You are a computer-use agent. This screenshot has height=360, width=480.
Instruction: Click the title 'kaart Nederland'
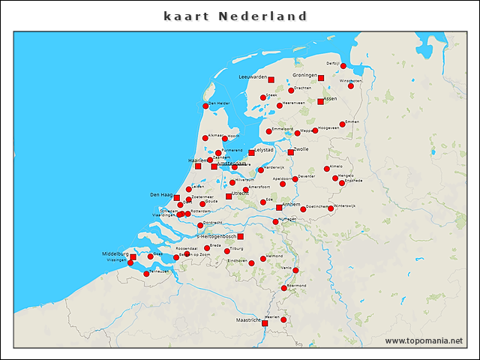point(235,16)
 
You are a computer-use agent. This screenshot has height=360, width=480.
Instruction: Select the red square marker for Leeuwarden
point(271,79)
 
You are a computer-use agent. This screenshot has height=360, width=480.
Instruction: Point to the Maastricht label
point(248,320)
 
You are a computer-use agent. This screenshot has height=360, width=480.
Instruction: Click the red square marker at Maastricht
point(265,323)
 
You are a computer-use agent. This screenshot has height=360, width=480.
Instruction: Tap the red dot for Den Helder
point(205,106)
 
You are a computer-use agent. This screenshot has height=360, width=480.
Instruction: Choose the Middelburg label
point(115,254)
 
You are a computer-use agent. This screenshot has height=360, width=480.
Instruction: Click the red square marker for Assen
point(320,101)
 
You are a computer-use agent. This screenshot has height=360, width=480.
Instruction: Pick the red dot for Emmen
point(342,124)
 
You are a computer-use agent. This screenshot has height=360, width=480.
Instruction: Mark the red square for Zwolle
point(291,152)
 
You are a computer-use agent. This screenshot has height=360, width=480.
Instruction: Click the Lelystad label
point(265,149)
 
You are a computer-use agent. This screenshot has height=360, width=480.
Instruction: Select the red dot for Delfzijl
point(343,66)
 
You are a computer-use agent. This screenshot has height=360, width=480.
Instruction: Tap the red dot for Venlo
point(295,270)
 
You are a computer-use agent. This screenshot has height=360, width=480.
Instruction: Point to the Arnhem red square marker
point(279,208)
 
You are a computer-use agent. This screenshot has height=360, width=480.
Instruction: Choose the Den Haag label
point(161,195)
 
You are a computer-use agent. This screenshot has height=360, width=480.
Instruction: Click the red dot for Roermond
point(283,288)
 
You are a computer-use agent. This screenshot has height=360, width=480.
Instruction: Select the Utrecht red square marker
point(229,196)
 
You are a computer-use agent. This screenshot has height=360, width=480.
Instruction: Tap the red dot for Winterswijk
point(330,208)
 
